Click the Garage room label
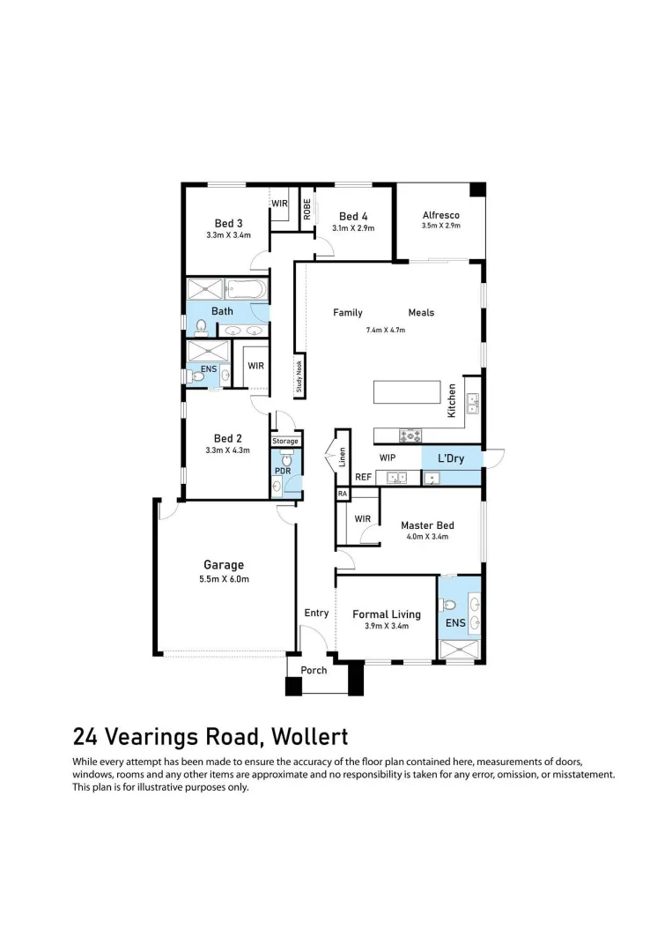point(224,565)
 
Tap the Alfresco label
point(440,215)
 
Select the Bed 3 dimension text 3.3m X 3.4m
point(228,235)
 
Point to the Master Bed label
point(427,525)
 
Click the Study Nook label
point(299,376)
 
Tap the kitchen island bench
point(407,392)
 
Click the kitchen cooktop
point(410,435)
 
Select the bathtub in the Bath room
point(247,288)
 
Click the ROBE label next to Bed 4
point(307,209)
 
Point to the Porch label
point(314,670)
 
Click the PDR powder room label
point(282,471)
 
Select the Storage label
point(285,441)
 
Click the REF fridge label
point(363,477)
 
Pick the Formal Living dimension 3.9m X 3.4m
point(386,626)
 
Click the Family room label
point(347,313)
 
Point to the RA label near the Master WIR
point(342,495)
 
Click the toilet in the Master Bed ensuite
point(449,606)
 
